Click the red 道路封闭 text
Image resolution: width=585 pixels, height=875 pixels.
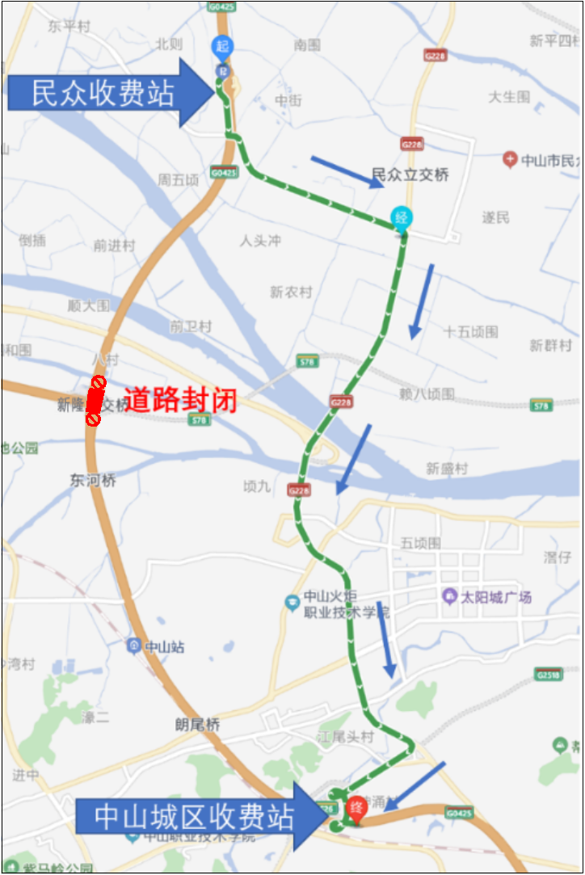click(x=179, y=400)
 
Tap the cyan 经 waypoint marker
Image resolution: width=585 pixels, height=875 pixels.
click(x=401, y=217)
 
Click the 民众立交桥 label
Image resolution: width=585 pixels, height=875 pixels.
click(x=410, y=175)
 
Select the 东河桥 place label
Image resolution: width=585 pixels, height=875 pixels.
click(x=93, y=481)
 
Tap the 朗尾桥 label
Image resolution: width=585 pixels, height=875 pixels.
click(x=198, y=725)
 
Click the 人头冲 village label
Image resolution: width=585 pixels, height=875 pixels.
click(x=259, y=241)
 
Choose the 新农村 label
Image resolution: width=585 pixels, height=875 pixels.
click(x=291, y=292)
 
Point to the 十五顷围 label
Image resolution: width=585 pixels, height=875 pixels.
click(x=471, y=332)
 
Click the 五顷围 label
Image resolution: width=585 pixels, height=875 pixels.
click(x=420, y=544)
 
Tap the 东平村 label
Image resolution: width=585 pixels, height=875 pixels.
click(x=68, y=27)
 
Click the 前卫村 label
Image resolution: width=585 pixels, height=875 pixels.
click(x=191, y=326)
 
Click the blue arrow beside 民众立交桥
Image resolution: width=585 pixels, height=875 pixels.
click(x=347, y=171)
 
